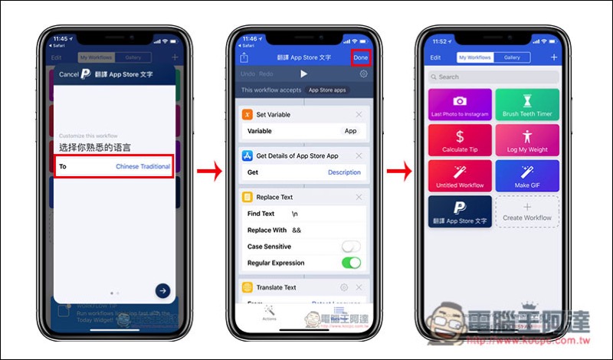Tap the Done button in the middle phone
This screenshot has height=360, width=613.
(360, 57)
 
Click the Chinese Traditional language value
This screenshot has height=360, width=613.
(143, 166)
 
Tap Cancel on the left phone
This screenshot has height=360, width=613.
(68, 74)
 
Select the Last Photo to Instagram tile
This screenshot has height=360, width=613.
(460, 104)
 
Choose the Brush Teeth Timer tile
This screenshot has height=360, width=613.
(527, 104)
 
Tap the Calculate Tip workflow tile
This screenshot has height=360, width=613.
(460, 140)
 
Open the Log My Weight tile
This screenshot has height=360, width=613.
(527, 140)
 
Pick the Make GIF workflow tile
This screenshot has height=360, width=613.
(527, 175)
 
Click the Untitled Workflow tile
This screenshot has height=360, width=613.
(460, 175)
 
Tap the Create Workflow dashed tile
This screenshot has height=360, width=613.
(527, 211)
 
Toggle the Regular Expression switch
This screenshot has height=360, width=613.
(351, 263)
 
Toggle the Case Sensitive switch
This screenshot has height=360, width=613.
(351, 247)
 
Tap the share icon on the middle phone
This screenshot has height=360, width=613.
(244, 57)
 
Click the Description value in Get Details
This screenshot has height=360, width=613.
(344, 172)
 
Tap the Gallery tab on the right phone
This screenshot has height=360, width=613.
(512, 57)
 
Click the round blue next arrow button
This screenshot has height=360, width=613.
(162, 290)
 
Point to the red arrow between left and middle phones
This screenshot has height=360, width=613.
(209, 172)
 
